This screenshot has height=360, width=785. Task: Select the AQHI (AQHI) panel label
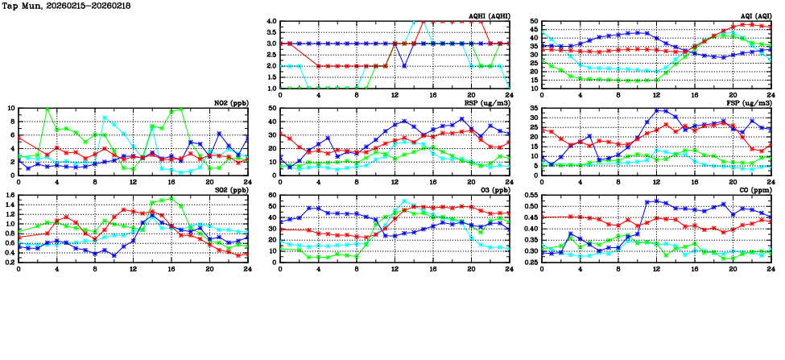pos(490,16)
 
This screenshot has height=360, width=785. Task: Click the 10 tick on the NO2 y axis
pos(10,108)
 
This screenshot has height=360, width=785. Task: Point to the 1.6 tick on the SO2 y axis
pos(8,195)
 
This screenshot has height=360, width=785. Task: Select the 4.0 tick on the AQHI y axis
pos(271,22)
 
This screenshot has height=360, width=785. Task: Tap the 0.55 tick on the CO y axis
pos(530,195)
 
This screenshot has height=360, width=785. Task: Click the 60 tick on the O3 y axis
pos(273,195)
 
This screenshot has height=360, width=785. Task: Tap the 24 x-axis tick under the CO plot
pos(770,267)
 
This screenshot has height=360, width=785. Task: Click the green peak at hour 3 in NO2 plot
pos(48,109)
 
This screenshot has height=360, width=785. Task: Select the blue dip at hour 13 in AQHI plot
pos(404,66)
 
